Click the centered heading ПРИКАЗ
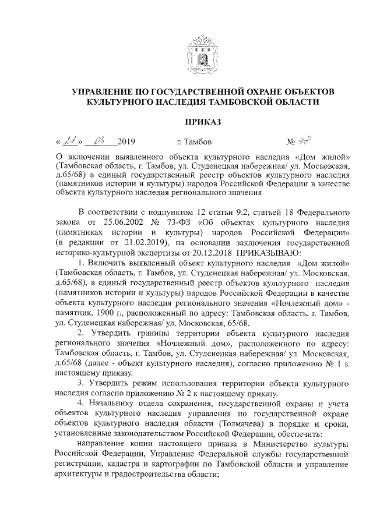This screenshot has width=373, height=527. (203, 122)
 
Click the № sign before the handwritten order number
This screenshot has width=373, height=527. (307, 142)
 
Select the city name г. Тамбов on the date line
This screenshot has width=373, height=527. (194, 142)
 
